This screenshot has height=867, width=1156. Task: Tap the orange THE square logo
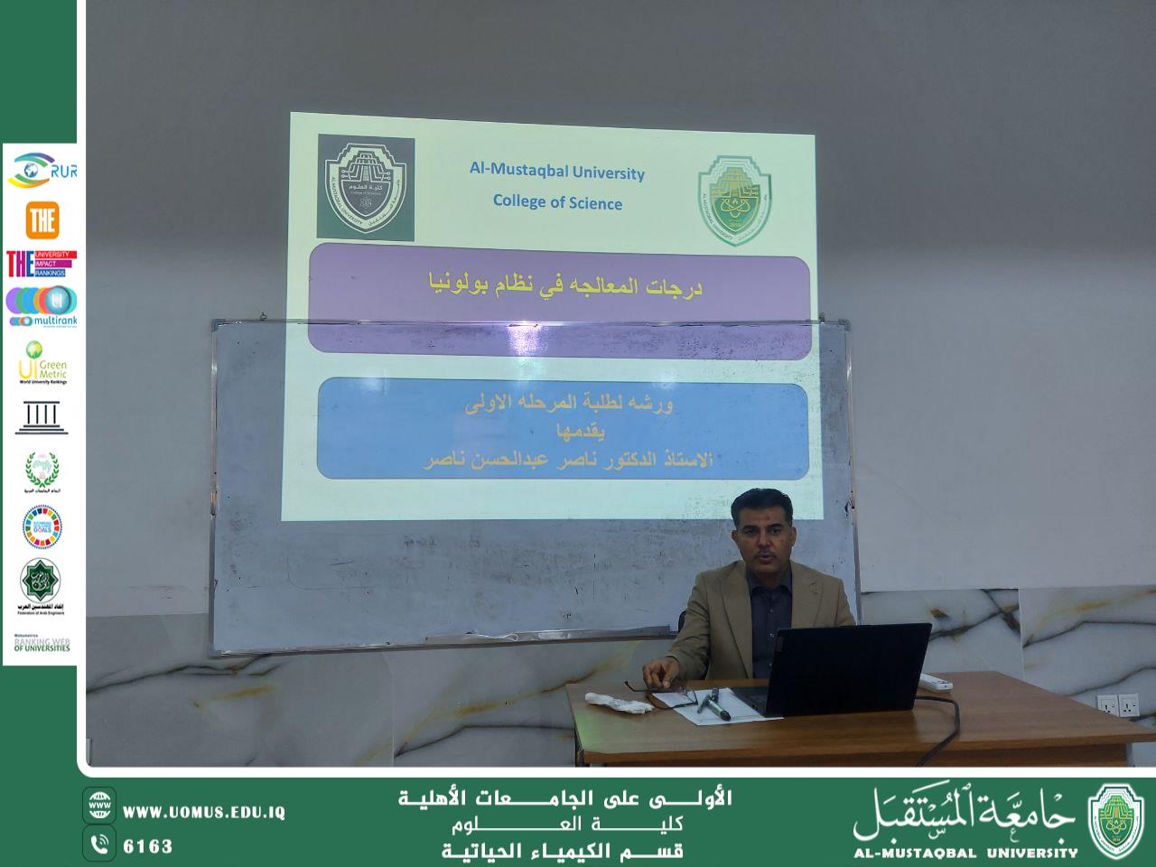coord(42,219)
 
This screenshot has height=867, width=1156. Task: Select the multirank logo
coord(41,307)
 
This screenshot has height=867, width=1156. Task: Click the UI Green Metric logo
coord(42,362)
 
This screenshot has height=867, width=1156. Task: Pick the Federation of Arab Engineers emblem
coord(42,586)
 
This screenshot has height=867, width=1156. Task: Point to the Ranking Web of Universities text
coord(42,644)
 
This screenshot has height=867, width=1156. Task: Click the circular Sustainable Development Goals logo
coord(42,527)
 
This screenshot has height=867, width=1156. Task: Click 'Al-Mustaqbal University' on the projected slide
coord(556,171)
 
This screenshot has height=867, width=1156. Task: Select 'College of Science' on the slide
coord(556,201)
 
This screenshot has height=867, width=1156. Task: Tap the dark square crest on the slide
coord(366,188)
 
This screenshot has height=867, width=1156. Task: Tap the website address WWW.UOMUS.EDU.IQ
coord(203,813)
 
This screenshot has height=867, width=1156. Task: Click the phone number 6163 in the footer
coord(147,846)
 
